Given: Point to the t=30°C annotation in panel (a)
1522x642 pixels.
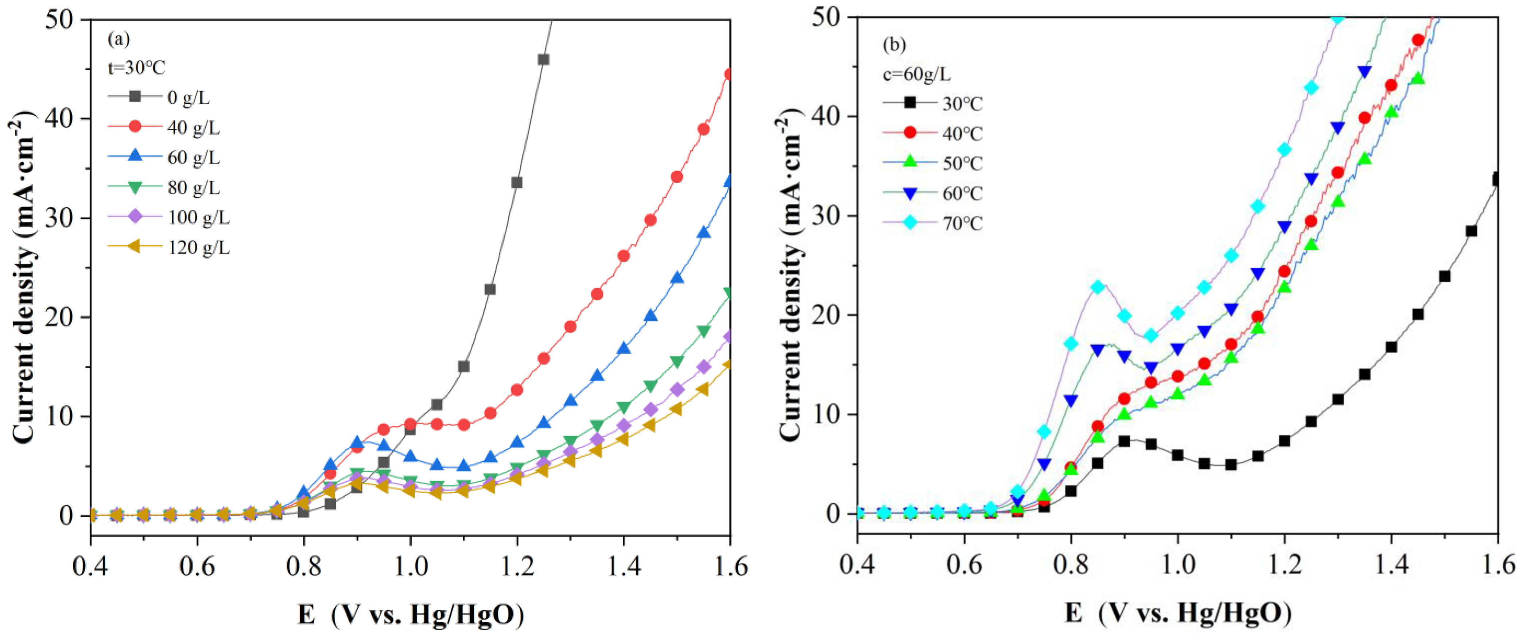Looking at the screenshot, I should click(136, 68).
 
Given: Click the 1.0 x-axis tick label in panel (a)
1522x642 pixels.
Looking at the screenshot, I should click(410, 566).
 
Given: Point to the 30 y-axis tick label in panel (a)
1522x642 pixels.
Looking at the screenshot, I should click(60, 218).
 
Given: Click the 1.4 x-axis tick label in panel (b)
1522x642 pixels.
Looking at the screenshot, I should click(1391, 565).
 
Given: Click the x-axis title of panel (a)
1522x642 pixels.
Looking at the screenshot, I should click(411, 615).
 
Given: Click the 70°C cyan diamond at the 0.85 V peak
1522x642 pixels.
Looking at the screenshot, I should click(1097, 287).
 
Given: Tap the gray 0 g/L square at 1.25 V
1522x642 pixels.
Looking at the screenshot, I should click(543, 60).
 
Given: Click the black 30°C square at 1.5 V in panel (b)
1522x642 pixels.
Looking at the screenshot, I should click(1445, 277).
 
